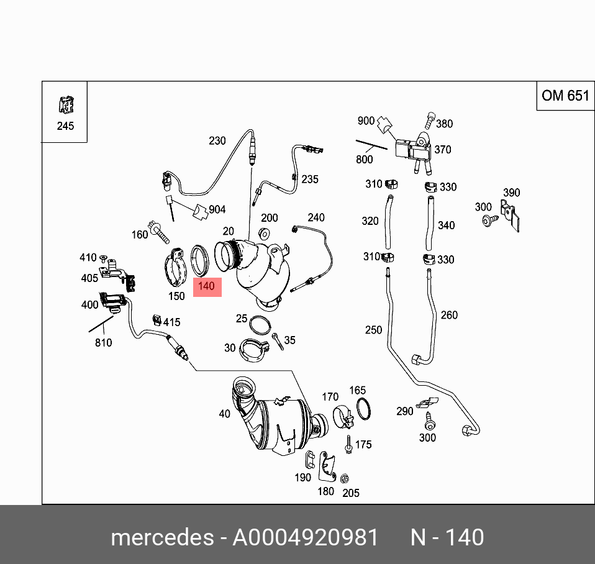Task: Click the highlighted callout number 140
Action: click(207, 287)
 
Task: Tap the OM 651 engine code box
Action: click(565, 95)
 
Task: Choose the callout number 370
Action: click(443, 150)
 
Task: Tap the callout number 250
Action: click(373, 330)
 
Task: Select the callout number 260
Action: click(449, 315)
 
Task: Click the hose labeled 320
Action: click(389, 221)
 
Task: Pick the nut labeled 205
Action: click(343, 478)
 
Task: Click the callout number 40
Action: click(224, 414)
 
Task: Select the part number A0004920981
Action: click(305, 537)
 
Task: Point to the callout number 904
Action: click(217, 210)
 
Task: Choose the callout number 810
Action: click(103, 342)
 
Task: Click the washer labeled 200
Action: click(263, 233)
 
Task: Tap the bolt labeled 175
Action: click(349, 445)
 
